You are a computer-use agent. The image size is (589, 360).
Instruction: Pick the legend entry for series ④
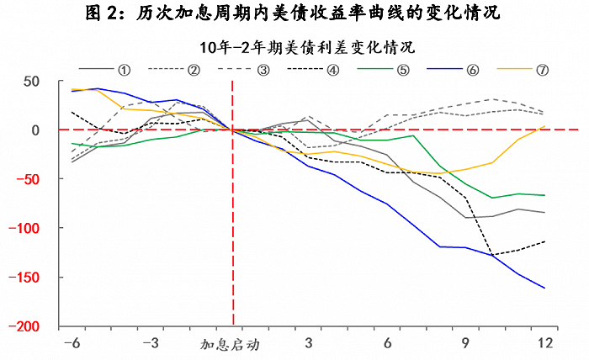tap(319, 68)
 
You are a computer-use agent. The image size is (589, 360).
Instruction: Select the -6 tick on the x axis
tap(72, 343)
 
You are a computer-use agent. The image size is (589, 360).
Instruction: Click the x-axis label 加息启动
tap(230, 344)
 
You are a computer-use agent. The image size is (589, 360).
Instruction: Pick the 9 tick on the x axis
tap(466, 343)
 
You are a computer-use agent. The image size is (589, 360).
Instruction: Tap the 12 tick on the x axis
tap(544, 343)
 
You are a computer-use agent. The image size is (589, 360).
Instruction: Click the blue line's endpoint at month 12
tap(544, 288)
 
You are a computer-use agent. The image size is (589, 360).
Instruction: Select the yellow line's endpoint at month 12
tap(544, 126)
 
